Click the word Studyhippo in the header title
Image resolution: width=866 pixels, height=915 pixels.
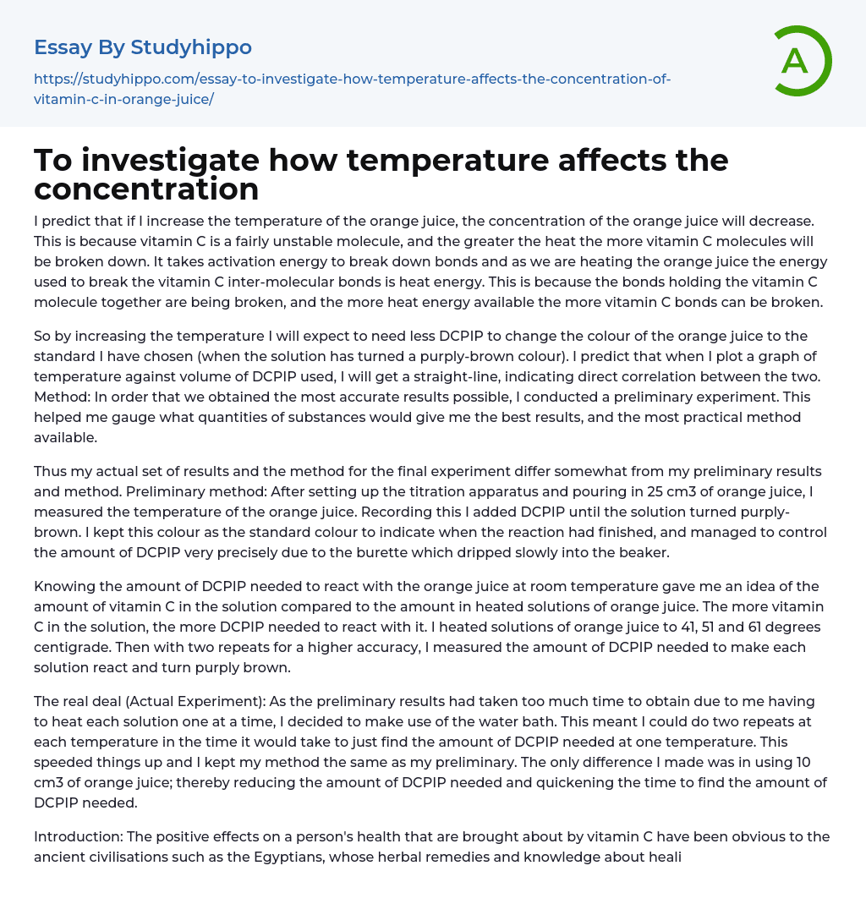coord(191,47)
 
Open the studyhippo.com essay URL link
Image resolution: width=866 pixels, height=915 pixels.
coord(352,89)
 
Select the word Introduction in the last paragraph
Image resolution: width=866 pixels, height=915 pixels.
coord(76,836)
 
